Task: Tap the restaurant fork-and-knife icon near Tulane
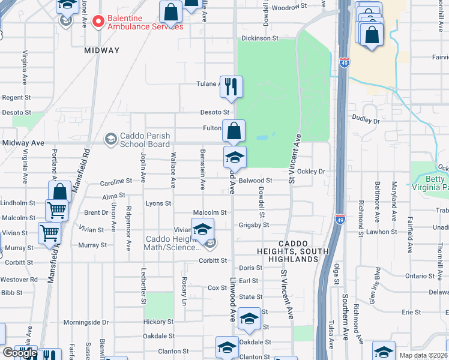click(x=231, y=87)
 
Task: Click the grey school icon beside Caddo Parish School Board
click(x=110, y=140)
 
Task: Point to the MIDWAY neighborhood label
click(x=101, y=50)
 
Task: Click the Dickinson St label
click(x=260, y=38)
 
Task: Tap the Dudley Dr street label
click(x=366, y=121)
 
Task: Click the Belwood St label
click(x=256, y=180)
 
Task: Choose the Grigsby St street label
click(x=254, y=225)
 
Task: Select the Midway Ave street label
click(x=23, y=143)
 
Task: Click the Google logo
click(x=20, y=353)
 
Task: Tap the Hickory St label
click(x=158, y=322)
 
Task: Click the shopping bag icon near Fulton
click(x=234, y=130)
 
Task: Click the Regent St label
click(x=16, y=97)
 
